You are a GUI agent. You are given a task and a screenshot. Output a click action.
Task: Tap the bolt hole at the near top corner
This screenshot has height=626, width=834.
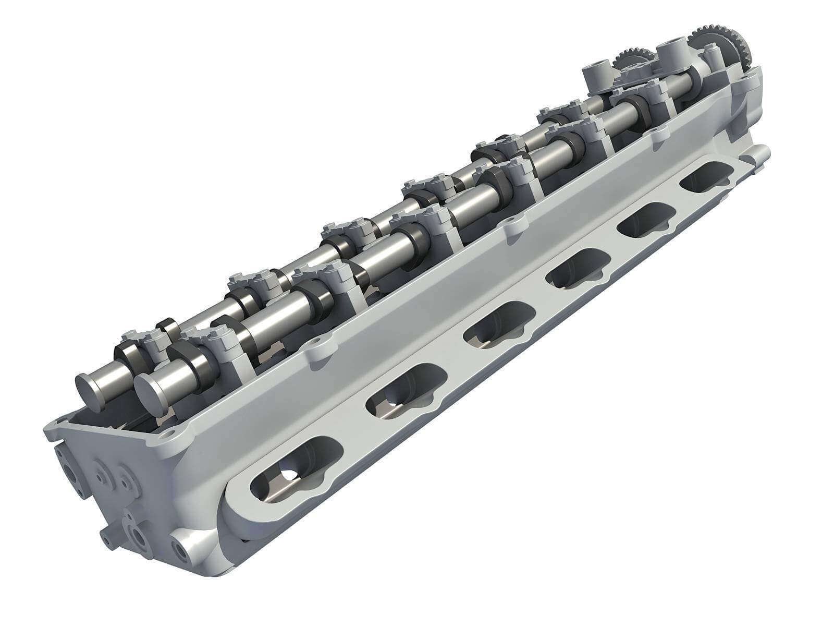pos(169,434)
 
